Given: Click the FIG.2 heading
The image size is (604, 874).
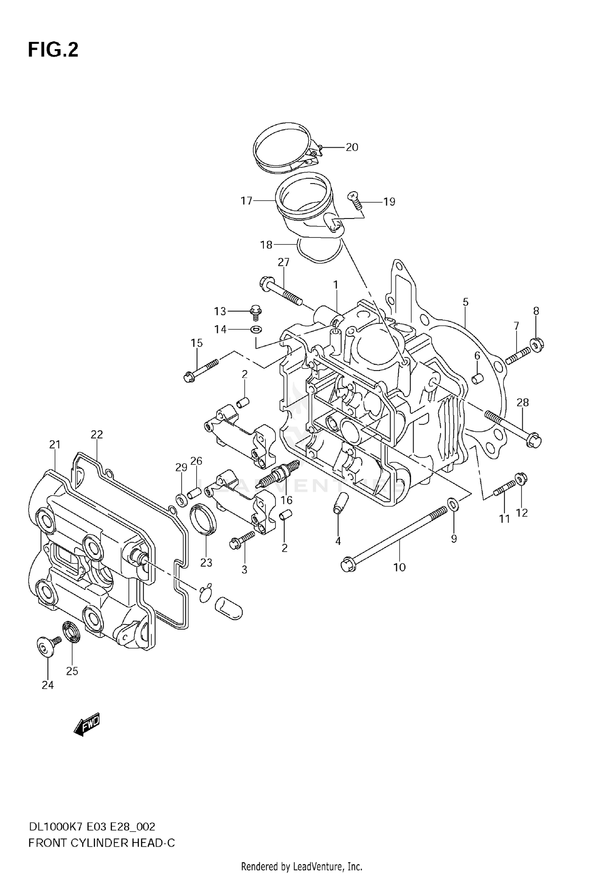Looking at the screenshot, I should (x=53, y=50).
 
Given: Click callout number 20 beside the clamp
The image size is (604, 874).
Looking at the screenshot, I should (x=352, y=147).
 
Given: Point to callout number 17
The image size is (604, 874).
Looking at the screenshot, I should (x=246, y=200).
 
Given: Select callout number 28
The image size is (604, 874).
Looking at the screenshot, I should (x=523, y=402).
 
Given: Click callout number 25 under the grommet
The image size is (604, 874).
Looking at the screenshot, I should (x=72, y=671).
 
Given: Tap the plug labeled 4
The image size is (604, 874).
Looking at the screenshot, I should (x=338, y=503).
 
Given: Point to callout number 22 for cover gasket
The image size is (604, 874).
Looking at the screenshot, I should (x=97, y=435).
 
